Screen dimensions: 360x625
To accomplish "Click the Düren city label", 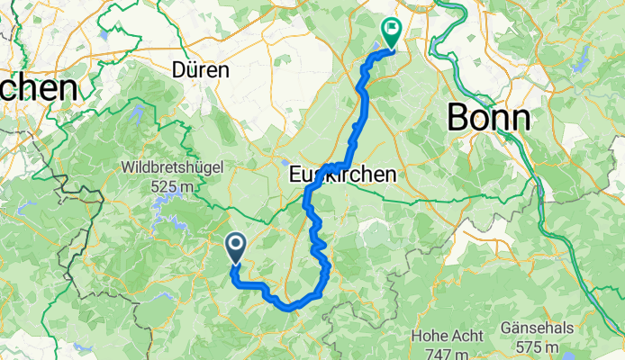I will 202,69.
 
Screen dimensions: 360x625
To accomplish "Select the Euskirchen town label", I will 342,175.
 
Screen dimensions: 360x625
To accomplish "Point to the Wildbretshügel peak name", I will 172,167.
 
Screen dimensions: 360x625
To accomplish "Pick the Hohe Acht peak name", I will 440,335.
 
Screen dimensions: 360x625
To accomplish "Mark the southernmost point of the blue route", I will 290,307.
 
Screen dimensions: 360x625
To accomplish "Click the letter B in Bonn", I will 459,117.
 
